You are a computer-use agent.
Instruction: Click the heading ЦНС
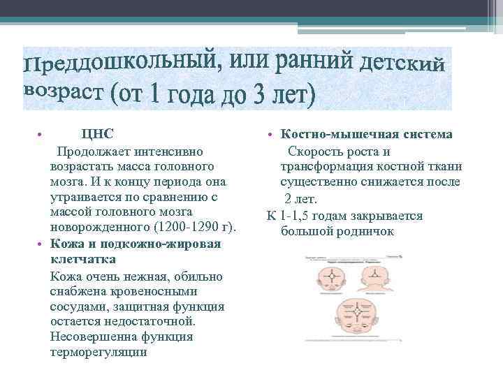97,134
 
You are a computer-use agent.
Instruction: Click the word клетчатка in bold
83,260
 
